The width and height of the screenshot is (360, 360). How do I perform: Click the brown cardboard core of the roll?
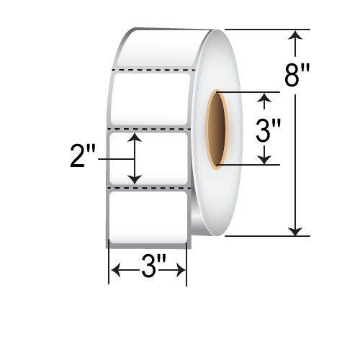(215, 130)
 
